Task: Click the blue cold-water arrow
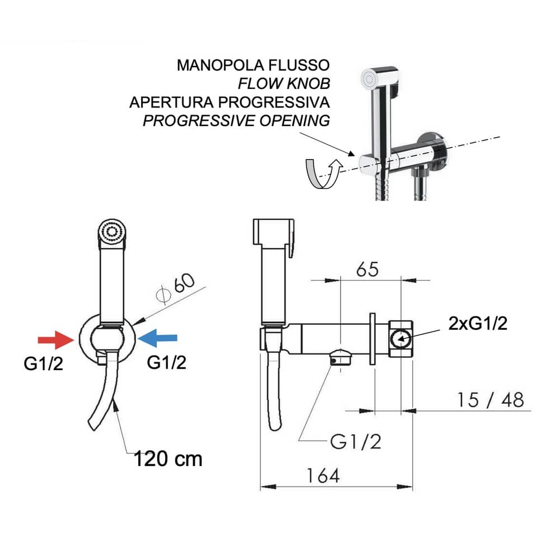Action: click(158, 337)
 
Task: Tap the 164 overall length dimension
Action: click(323, 476)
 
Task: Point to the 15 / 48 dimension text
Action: click(490, 400)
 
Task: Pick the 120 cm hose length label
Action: click(167, 459)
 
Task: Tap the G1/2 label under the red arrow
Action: click(43, 364)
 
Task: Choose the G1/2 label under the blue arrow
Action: click(166, 362)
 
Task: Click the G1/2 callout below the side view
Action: click(356, 442)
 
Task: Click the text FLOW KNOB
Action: click(284, 84)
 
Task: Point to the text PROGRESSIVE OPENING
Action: click(236, 121)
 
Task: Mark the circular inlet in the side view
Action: click(401, 339)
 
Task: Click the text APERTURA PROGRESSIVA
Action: click(229, 102)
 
